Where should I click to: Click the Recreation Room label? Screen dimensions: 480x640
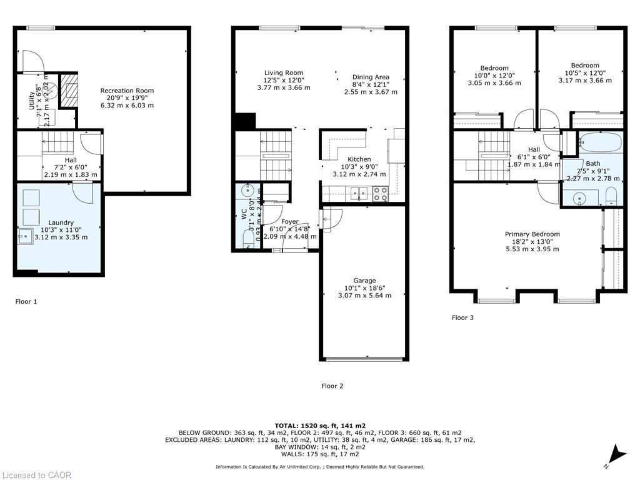[127, 91]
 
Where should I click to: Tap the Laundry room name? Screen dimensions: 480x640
[61, 222]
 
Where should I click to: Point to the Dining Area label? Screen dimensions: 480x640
[371, 77]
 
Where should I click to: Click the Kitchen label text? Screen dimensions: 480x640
[359, 159]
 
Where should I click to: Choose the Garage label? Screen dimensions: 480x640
[364, 281]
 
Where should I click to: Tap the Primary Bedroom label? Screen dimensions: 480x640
[532, 234]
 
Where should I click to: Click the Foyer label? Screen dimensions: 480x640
[289, 222]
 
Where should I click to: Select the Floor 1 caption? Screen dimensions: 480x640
[26, 301]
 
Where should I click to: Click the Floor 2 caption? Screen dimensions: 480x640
[332, 386]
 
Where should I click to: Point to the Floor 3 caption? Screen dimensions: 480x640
[462, 317]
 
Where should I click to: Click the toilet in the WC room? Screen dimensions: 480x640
[247, 239]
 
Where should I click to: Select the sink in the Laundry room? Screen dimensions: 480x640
[25, 236]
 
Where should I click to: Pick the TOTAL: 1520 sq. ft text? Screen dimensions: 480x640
[319, 425]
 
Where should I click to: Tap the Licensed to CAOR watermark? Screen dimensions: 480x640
[36, 475]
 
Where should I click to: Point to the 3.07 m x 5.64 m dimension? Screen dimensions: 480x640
[364, 295]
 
